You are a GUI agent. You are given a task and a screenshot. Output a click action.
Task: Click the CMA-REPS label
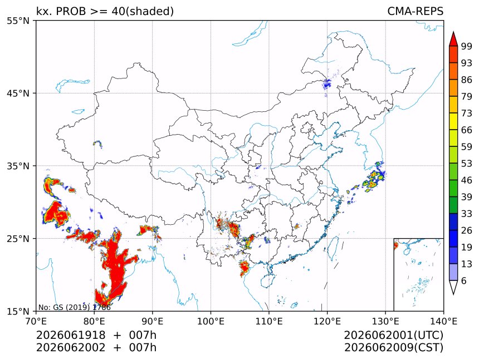[415, 11]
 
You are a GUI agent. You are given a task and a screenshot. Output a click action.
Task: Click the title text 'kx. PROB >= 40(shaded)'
[105, 11]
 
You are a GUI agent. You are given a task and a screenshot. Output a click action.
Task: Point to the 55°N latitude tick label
[18, 21]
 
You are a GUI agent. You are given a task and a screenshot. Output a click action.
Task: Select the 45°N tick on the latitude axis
[18, 93]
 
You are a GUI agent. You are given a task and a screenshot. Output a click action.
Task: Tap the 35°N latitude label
[18, 166]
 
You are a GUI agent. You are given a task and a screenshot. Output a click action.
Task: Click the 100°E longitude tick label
[211, 321]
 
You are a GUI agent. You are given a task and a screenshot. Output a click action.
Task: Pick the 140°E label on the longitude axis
[443, 321]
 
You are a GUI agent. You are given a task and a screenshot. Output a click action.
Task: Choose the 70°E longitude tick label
[36, 321]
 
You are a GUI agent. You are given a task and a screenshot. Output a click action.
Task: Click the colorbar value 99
[467, 46]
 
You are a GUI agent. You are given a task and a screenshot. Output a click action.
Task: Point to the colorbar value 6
[464, 280]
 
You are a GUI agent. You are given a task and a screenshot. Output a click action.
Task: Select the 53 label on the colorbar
[467, 164]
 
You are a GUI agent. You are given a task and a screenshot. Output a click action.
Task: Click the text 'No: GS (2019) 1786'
[74, 307]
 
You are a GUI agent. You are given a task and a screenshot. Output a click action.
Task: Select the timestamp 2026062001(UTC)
[393, 335]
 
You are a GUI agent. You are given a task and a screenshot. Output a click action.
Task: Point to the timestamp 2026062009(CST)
[393, 348]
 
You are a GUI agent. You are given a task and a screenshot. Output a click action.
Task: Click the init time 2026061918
[71, 335]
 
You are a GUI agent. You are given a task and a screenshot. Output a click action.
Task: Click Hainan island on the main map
[268, 280]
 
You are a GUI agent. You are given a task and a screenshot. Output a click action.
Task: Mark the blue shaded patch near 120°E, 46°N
[326, 83]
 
